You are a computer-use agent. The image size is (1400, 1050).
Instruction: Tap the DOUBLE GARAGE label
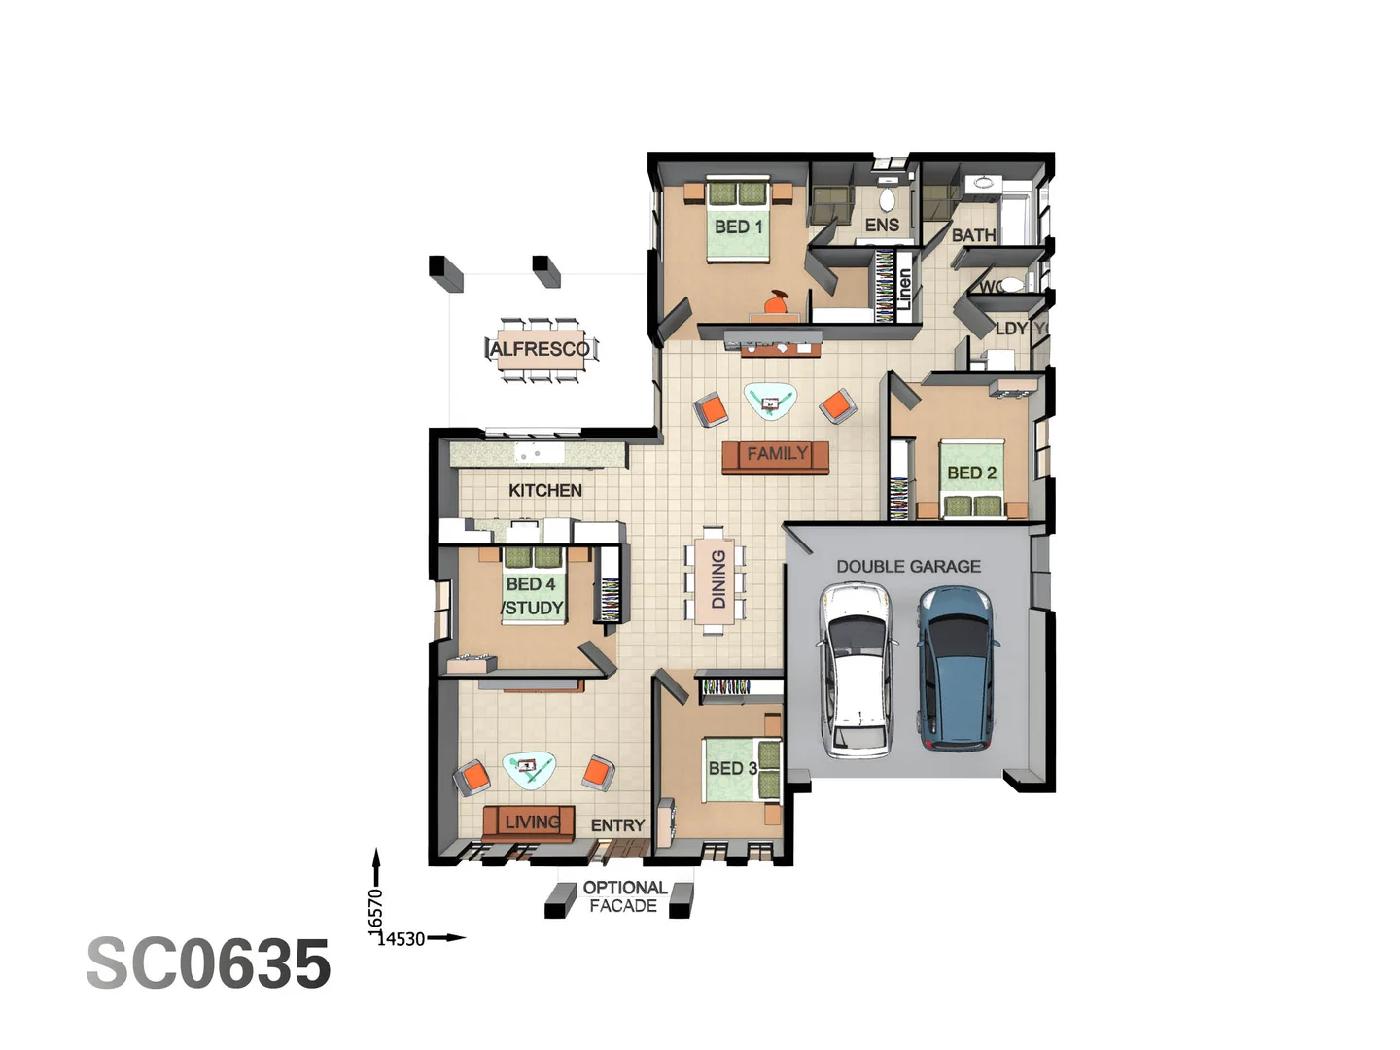click(908, 566)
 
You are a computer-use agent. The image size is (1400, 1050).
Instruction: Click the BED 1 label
click(739, 227)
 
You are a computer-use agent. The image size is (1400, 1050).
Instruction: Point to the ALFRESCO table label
click(540, 349)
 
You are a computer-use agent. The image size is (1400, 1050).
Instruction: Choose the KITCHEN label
click(545, 490)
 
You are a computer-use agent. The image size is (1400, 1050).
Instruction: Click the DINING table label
click(718, 579)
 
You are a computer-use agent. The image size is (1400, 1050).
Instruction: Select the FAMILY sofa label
click(777, 453)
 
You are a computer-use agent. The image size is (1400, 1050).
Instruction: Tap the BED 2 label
click(971, 472)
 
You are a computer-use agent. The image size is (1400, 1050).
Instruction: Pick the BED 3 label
click(732, 768)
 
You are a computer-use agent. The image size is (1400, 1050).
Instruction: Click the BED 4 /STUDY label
click(532, 596)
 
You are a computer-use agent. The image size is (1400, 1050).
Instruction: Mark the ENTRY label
click(617, 825)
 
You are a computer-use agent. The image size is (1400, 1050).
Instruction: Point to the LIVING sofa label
click(532, 822)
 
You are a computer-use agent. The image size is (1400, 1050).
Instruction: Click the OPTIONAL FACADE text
click(624, 896)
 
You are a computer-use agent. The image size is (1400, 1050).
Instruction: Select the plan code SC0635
click(209, 964)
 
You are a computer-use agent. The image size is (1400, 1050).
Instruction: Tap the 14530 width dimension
click(402, 939)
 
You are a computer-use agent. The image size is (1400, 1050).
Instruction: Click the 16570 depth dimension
click(376, 910)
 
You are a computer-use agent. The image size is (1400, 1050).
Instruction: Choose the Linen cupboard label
click(904, 289)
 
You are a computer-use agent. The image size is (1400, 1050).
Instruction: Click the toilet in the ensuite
click(887, 199)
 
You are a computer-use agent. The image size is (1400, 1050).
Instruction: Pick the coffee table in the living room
click(529, 768)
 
